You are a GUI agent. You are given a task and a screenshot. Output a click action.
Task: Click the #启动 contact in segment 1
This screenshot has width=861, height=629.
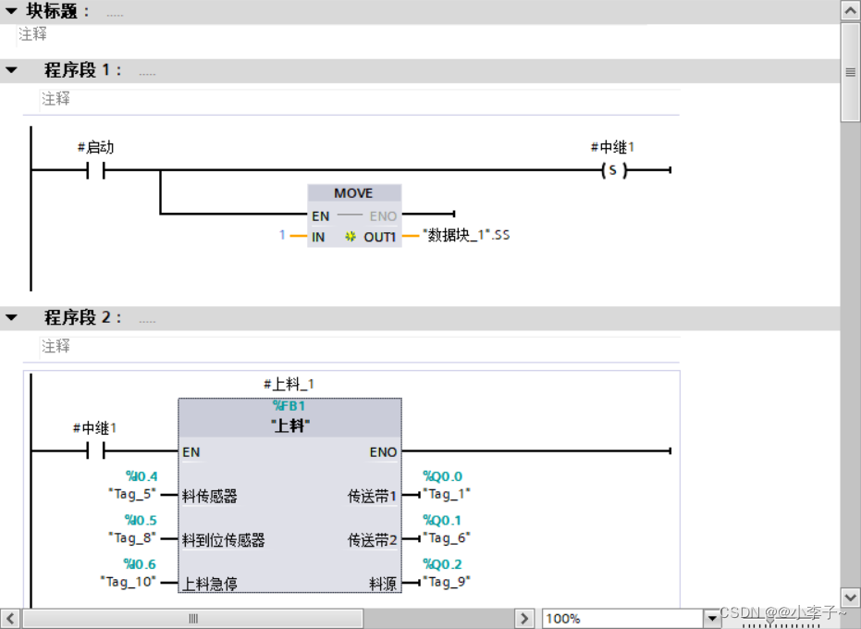[x=95, y=170]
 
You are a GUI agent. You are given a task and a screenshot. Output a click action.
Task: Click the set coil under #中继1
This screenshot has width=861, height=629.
[x=612, y=170]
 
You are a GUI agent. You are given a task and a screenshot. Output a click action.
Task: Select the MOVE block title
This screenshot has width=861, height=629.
[x=353, y=193]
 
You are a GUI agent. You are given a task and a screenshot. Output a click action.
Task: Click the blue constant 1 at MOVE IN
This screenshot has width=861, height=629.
[x=283, y=235]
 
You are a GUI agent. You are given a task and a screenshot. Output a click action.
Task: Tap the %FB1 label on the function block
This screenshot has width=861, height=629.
[x=289, y=406]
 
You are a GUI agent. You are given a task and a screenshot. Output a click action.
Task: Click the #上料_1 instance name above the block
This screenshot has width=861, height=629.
[x=289, y=384]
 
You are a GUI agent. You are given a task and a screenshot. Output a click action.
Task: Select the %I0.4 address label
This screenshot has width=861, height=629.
[x=141, y=476]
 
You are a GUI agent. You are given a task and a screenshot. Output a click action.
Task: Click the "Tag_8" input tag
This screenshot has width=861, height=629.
[x=131, y=537]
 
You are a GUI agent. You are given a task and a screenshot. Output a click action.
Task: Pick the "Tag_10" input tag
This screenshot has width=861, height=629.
[x=128, y=582]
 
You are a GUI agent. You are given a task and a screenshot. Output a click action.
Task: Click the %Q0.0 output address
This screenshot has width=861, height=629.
[x=442, y=476]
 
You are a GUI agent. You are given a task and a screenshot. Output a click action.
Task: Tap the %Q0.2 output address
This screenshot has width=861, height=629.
[x=442, y=564]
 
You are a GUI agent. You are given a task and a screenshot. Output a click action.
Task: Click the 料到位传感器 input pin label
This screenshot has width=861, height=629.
[x=223, y=540]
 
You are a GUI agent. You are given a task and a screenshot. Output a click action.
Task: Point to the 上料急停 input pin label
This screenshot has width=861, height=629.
[x=210, y=584]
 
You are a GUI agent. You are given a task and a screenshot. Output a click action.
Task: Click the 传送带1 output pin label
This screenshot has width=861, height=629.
[x=372, y=497]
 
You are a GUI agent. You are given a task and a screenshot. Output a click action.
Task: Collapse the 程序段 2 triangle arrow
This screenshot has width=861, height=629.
[x=11, y=317]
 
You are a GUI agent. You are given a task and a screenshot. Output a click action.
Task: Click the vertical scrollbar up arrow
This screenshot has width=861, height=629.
[x=850, y=10]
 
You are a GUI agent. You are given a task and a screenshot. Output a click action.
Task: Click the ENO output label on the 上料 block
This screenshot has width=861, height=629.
[x=383, y=452]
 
